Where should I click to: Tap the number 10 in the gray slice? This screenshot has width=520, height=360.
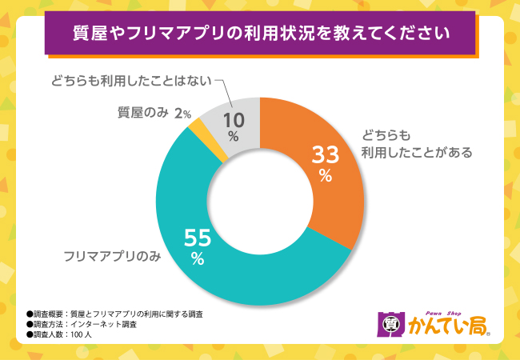[233, 119]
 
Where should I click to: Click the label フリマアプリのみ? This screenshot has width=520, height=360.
[112, 258]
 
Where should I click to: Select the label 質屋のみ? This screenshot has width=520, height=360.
[142, 114]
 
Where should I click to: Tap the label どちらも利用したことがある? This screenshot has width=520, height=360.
[416, 142]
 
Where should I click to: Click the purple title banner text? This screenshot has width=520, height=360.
[260, 34]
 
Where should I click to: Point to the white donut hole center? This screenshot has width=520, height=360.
[260, 200]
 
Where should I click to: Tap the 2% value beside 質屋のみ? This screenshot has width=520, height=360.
[183, 114]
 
